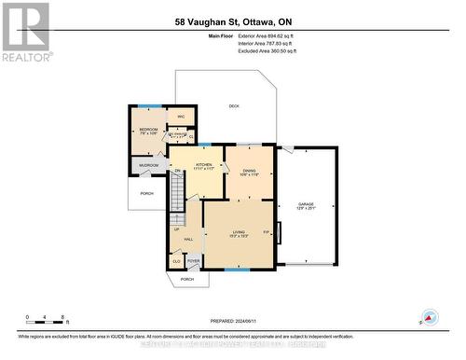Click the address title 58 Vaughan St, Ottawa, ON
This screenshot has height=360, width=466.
click(233, 21)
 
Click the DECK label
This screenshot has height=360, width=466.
click(234, 106)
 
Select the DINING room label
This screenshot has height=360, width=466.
click(249, 172)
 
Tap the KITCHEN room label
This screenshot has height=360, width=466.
click(204, 166)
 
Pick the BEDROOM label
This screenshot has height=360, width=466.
click(149, 130)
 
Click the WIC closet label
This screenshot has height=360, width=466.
click(182, 117)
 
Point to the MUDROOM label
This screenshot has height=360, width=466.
click(149, 165)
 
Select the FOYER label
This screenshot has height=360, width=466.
click(193, 262)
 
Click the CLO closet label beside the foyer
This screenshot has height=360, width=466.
click(176, 262)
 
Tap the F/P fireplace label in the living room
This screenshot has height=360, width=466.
click(266, 232)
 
